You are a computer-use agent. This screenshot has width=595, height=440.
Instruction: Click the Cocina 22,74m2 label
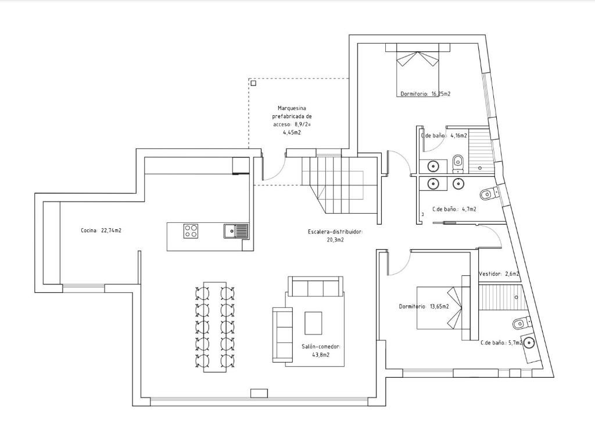click(101, 230)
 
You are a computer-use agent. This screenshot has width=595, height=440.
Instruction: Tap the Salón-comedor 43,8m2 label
click(321, 351)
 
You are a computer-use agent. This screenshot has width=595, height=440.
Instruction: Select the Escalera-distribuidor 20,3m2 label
click(335, 235)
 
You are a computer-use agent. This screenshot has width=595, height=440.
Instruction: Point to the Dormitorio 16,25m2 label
click(425, 94)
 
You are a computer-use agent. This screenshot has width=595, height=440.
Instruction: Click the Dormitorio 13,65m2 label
click(424, 306)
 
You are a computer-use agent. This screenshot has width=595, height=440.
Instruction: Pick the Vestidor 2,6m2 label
click(499, 274)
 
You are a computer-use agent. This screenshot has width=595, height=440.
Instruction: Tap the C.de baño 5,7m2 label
click(501, 343)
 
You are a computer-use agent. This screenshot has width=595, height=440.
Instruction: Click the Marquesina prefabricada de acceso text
click(292, 116)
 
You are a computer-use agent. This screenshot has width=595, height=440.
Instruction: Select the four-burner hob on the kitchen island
click(191, 231)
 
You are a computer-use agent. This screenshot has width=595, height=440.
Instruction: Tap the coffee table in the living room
click(313, 323)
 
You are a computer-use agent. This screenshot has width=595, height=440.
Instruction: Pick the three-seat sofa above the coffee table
click(316, 286)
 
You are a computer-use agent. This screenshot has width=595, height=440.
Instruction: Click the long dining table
click(215, 327)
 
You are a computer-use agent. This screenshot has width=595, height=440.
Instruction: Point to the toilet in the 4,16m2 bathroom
click(458, 161)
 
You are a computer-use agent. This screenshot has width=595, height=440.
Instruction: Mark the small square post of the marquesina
click(253, 83)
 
